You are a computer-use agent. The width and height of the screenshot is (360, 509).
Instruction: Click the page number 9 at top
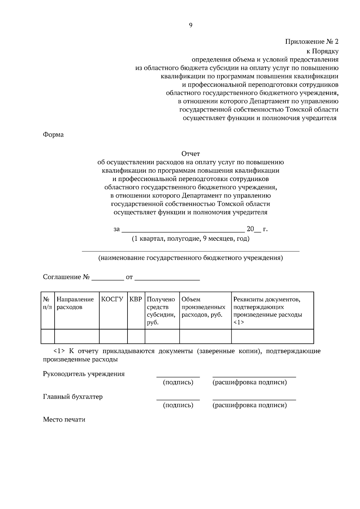tap(190, 25)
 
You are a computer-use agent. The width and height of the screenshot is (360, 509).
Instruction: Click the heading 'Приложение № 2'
tap(311, 42)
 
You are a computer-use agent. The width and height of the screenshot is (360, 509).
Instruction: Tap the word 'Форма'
tap(53, 135)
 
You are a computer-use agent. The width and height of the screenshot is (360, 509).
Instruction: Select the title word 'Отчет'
tap(190, 154)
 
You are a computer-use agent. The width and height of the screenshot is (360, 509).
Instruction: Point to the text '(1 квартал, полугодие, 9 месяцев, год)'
tap(190, 239)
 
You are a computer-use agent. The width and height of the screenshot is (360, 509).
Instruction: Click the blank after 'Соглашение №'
tap(108, 278)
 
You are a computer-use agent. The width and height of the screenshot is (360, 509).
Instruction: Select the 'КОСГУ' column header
tap(112, 299)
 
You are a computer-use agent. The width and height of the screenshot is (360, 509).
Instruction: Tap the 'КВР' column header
tap(136, 299)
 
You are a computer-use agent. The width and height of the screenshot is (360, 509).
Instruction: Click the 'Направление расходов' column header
tap(75, 303)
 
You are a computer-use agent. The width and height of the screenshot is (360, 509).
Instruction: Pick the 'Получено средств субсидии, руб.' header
tap(161, 311)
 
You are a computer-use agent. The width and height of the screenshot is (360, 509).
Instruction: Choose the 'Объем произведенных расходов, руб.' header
tap(204, 307)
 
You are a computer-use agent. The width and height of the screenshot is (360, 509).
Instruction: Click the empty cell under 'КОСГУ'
tap(113, 336)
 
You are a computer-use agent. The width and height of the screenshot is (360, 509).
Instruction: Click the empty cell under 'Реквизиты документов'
tap(272, 336)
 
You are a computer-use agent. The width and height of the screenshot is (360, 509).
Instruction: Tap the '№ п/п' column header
tap(47, 303)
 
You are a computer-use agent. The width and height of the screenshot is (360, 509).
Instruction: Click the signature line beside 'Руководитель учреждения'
tap(178, 376)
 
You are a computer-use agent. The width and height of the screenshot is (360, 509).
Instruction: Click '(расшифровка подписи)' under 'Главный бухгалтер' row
tap(250, 406)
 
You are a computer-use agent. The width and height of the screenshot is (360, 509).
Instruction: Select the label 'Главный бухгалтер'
tap(73, 397)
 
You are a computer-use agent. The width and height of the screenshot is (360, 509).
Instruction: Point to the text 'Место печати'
tap(64, 420)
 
